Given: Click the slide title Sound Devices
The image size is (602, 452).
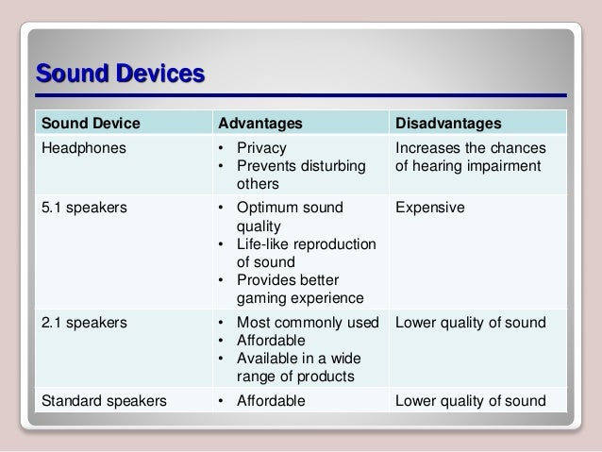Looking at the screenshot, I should [119, 74].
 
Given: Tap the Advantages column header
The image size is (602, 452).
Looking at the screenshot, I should [261, 124].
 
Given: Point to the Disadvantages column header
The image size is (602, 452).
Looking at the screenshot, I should [448, 124].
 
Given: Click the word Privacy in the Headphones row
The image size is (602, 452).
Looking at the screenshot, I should [261, 148].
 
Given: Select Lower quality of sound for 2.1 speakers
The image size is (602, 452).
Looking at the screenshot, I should [470, 323].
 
